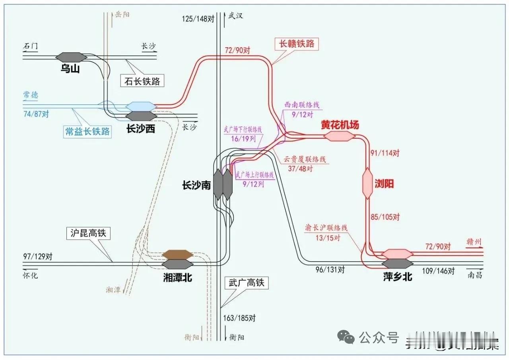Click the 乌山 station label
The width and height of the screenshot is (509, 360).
(70, 69)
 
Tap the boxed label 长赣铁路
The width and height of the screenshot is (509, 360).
(297, 43)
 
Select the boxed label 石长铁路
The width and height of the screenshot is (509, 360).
(142, 81)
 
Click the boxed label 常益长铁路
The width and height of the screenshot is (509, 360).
(87, 132)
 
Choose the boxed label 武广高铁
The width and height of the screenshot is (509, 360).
(246, 283)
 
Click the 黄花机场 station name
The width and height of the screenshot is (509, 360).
(340, 125)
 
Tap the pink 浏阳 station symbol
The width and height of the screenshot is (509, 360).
(367, 184)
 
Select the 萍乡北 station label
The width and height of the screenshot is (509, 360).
(397, 277)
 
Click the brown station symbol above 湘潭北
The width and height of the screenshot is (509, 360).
(177, 254)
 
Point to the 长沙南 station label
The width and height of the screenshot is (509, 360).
(196, 185)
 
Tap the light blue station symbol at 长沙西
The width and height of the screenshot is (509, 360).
(140, 106)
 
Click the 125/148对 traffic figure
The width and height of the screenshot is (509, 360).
(197, 19)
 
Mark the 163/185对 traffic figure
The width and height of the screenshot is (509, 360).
(239, 318)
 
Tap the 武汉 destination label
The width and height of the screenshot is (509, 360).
(235, 16)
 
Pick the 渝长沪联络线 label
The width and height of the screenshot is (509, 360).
(326, 228)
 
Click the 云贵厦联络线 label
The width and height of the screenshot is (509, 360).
(305, 159)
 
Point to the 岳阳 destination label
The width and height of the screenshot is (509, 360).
(122, 15)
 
